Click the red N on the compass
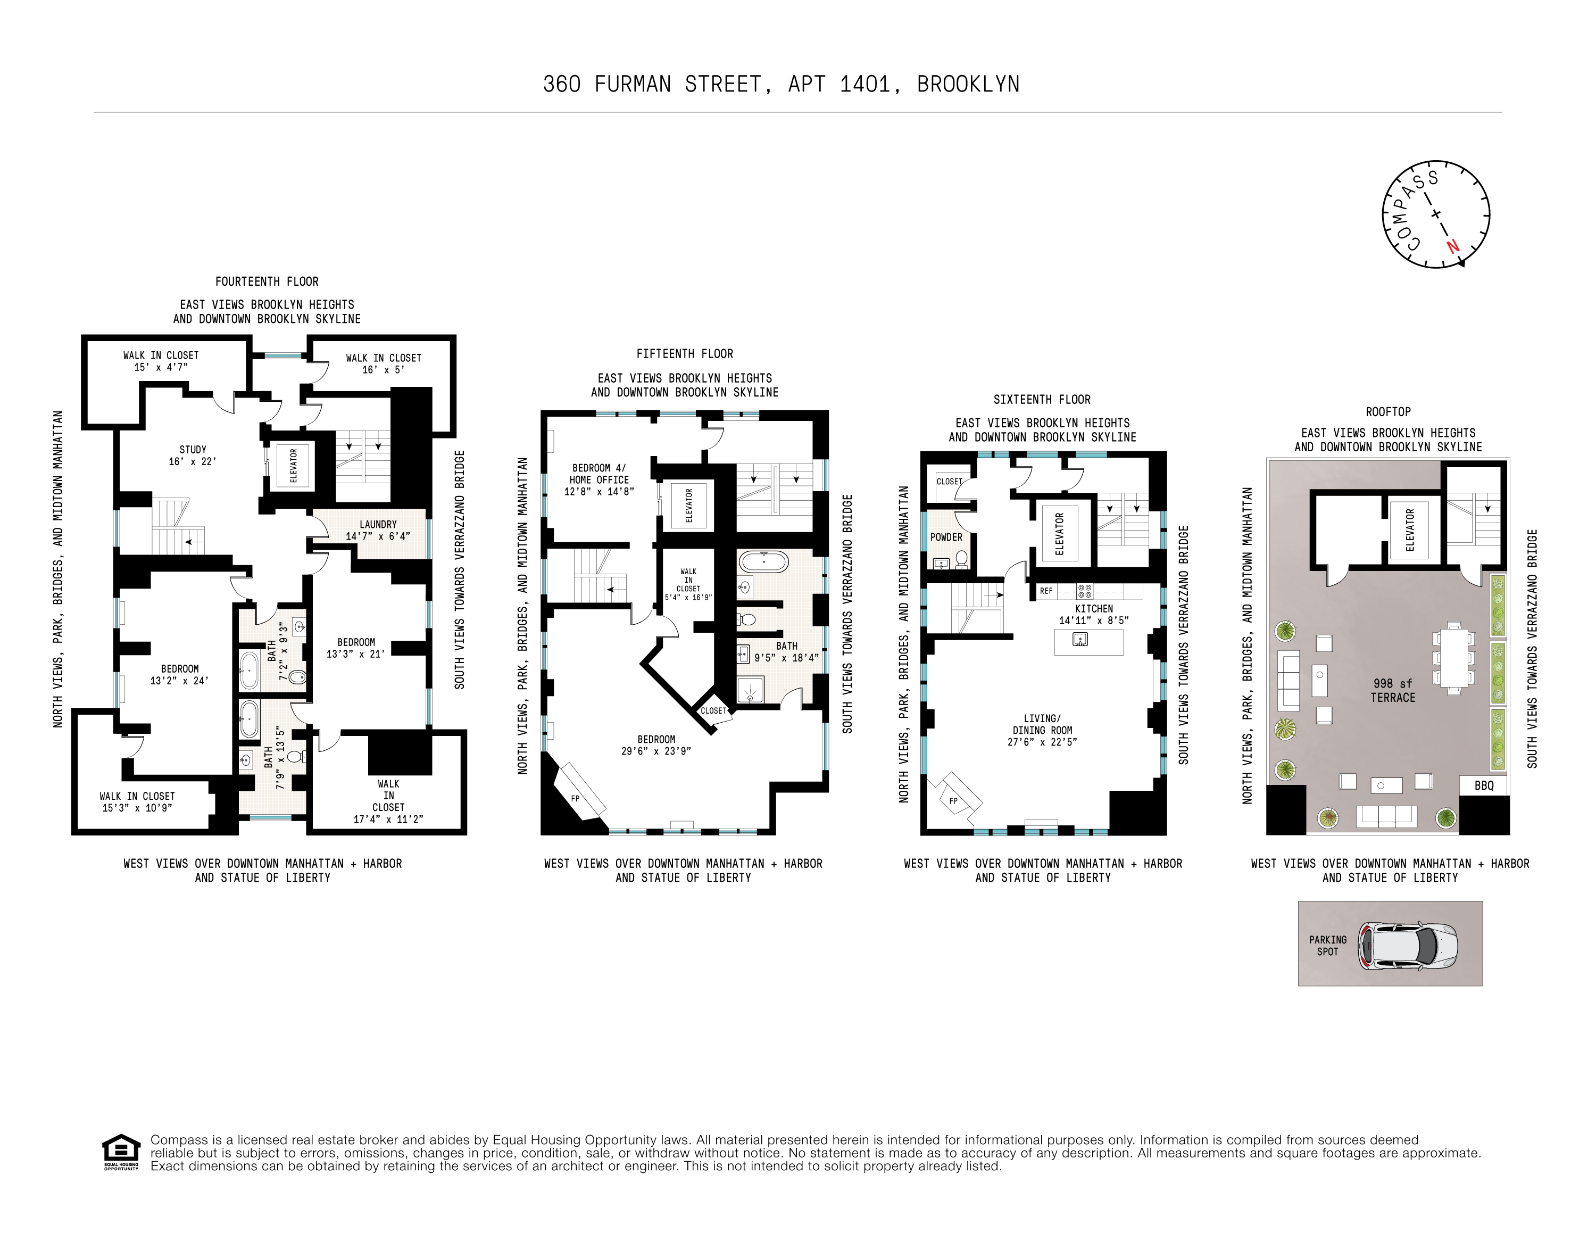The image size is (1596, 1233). coord(1453,247)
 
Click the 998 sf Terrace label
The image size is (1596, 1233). coord(1393,691)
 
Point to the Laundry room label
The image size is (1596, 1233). coord(378,530)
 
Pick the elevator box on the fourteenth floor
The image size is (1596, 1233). coord(293,466)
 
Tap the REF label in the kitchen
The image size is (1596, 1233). coord(1046,591)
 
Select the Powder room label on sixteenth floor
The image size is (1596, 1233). coord(946,537)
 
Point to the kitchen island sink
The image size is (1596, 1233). coord(1080,640)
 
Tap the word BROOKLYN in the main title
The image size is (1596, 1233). coord(968,85)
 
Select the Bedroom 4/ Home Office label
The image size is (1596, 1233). coord(599,479)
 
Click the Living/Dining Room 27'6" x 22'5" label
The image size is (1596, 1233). coord(1042,730)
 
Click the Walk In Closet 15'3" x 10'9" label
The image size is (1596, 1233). coord(137,802)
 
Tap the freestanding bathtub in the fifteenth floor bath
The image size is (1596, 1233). coord(763,562)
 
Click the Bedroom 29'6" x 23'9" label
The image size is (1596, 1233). coord(656,745)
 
